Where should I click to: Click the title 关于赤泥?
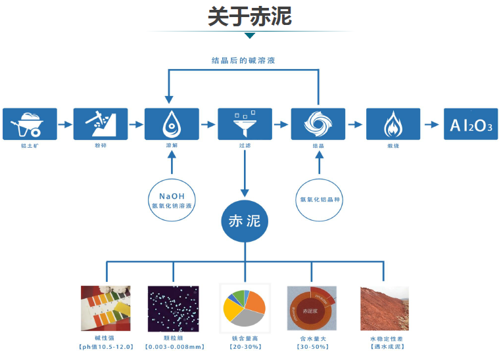coord(250,16)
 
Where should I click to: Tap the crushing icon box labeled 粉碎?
coord(100,124)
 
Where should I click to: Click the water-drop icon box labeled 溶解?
coord(172,124)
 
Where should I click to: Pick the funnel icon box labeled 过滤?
coord(245,124)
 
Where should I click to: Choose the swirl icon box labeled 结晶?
coord(318,124)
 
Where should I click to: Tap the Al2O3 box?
coord(471,124)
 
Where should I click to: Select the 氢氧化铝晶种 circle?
coord(319,199)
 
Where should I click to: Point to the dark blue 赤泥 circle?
coord(245,221)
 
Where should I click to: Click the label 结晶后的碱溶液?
coord(243,60)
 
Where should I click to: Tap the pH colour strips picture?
coord(105,306)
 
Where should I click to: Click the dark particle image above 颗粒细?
coord(174,306)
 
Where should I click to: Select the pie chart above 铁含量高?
coord(245,306)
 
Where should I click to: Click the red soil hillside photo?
coord(385,307)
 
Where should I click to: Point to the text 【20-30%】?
coord(245,347)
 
